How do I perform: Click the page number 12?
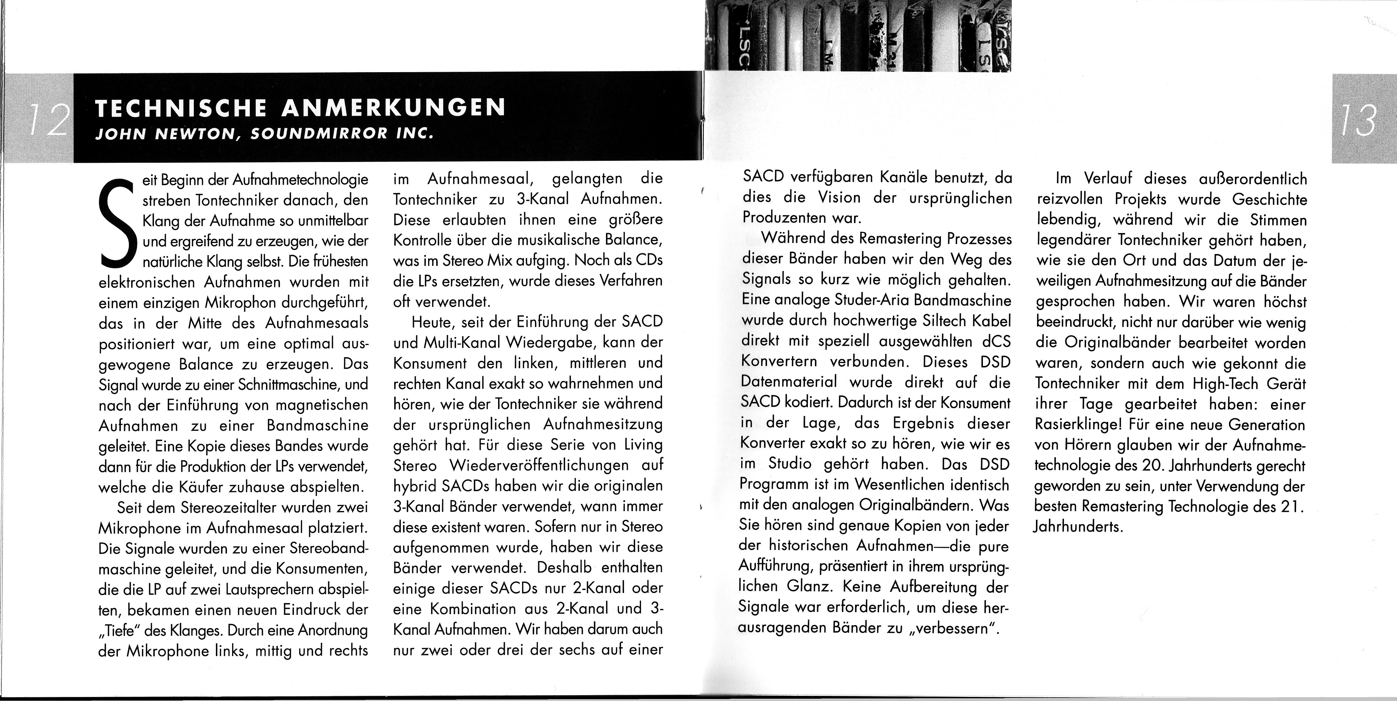[49, 119]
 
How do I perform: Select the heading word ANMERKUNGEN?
[394, 108]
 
